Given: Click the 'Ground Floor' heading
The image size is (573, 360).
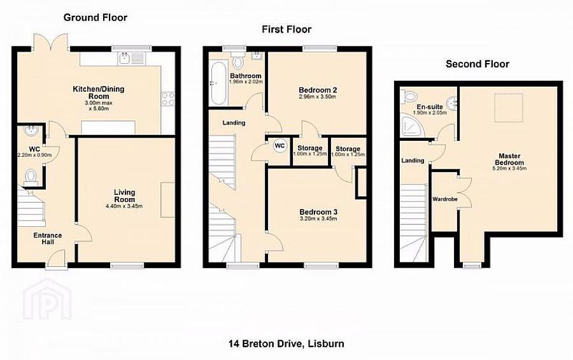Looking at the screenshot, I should click(x=95, y=17).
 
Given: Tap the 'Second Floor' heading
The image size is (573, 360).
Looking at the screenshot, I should click(x=477, y=64).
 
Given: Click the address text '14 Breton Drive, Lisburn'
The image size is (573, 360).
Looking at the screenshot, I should click(x=286, y=343).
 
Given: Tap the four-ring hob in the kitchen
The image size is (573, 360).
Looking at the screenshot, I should click(x=169, y=98).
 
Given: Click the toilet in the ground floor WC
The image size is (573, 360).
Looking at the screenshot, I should click(x=30, y=175).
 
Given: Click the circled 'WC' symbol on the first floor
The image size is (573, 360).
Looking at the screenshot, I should click(x=279, y=145).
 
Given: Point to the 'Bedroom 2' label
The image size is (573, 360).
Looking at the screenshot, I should click(x=317, y=90).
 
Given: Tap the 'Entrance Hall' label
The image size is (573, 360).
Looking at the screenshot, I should click(x=48, y=239).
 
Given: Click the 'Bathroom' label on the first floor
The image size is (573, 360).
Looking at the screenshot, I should click(x=245, y=76).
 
